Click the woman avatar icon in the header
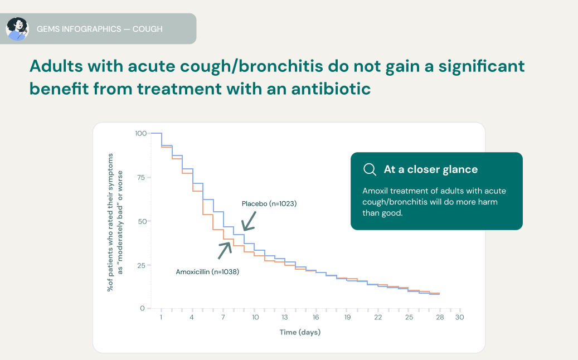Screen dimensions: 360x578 pyautogui.click(x=17, y=28)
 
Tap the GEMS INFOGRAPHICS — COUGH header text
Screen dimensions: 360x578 pyautogui.click(x=99, y=28)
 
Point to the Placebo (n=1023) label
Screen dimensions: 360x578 pyautogui.click(x=269, y=204)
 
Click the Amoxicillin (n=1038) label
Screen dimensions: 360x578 pyautogui.click(x=207, y=272)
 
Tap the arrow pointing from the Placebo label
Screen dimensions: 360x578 pyautogui.click(x=248, y=221)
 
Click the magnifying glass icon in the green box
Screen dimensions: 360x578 pyautogui.click(x=370, y=169)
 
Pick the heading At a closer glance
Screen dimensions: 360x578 pyautogui.click(x=430, y=169)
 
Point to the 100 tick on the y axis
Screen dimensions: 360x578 pyautogui.click(x=140, y=133)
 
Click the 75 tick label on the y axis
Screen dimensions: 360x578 pyautogui.click(x=142, y=177)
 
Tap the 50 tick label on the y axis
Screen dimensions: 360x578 pyautogui.click(x=142, y=221)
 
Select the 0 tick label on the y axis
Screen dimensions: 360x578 pyautogui.click(x=143, y=308)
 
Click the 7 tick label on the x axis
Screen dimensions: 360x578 pyautogui.click(x=223, y=317)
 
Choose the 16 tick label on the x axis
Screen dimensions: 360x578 pyautogui.click(x=316, y=317)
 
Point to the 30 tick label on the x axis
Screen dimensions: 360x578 pyautogui.click(x=459, y=317)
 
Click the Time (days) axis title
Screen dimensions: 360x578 pyautogui.click(x=300, y=333)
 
